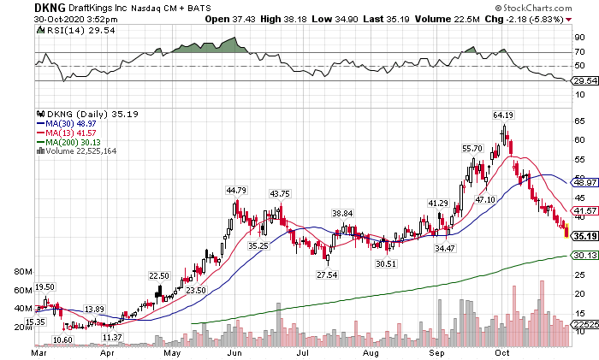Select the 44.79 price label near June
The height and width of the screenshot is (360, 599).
click(235, 190)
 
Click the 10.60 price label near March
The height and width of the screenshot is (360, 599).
click(62, 339)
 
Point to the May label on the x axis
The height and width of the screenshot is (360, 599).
click(173, 351)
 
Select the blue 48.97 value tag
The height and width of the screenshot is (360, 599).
click(584, 182)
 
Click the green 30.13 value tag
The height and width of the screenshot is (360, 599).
click(584, 255)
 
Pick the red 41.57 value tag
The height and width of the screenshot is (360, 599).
click(584, 210)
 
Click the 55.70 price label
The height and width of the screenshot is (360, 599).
click(473, 148)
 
